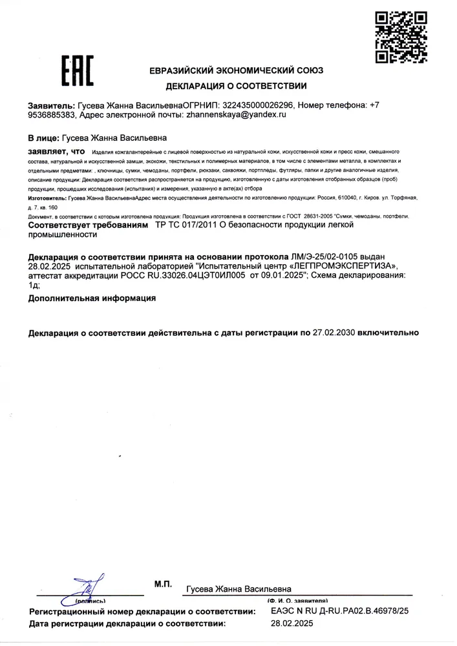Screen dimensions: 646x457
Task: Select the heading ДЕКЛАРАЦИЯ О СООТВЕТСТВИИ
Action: (236, 85)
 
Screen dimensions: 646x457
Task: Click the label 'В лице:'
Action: (43, 138)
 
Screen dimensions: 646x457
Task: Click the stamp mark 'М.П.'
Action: (163, 583)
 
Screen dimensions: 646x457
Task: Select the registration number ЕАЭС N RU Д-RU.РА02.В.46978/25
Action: (338, 610)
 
